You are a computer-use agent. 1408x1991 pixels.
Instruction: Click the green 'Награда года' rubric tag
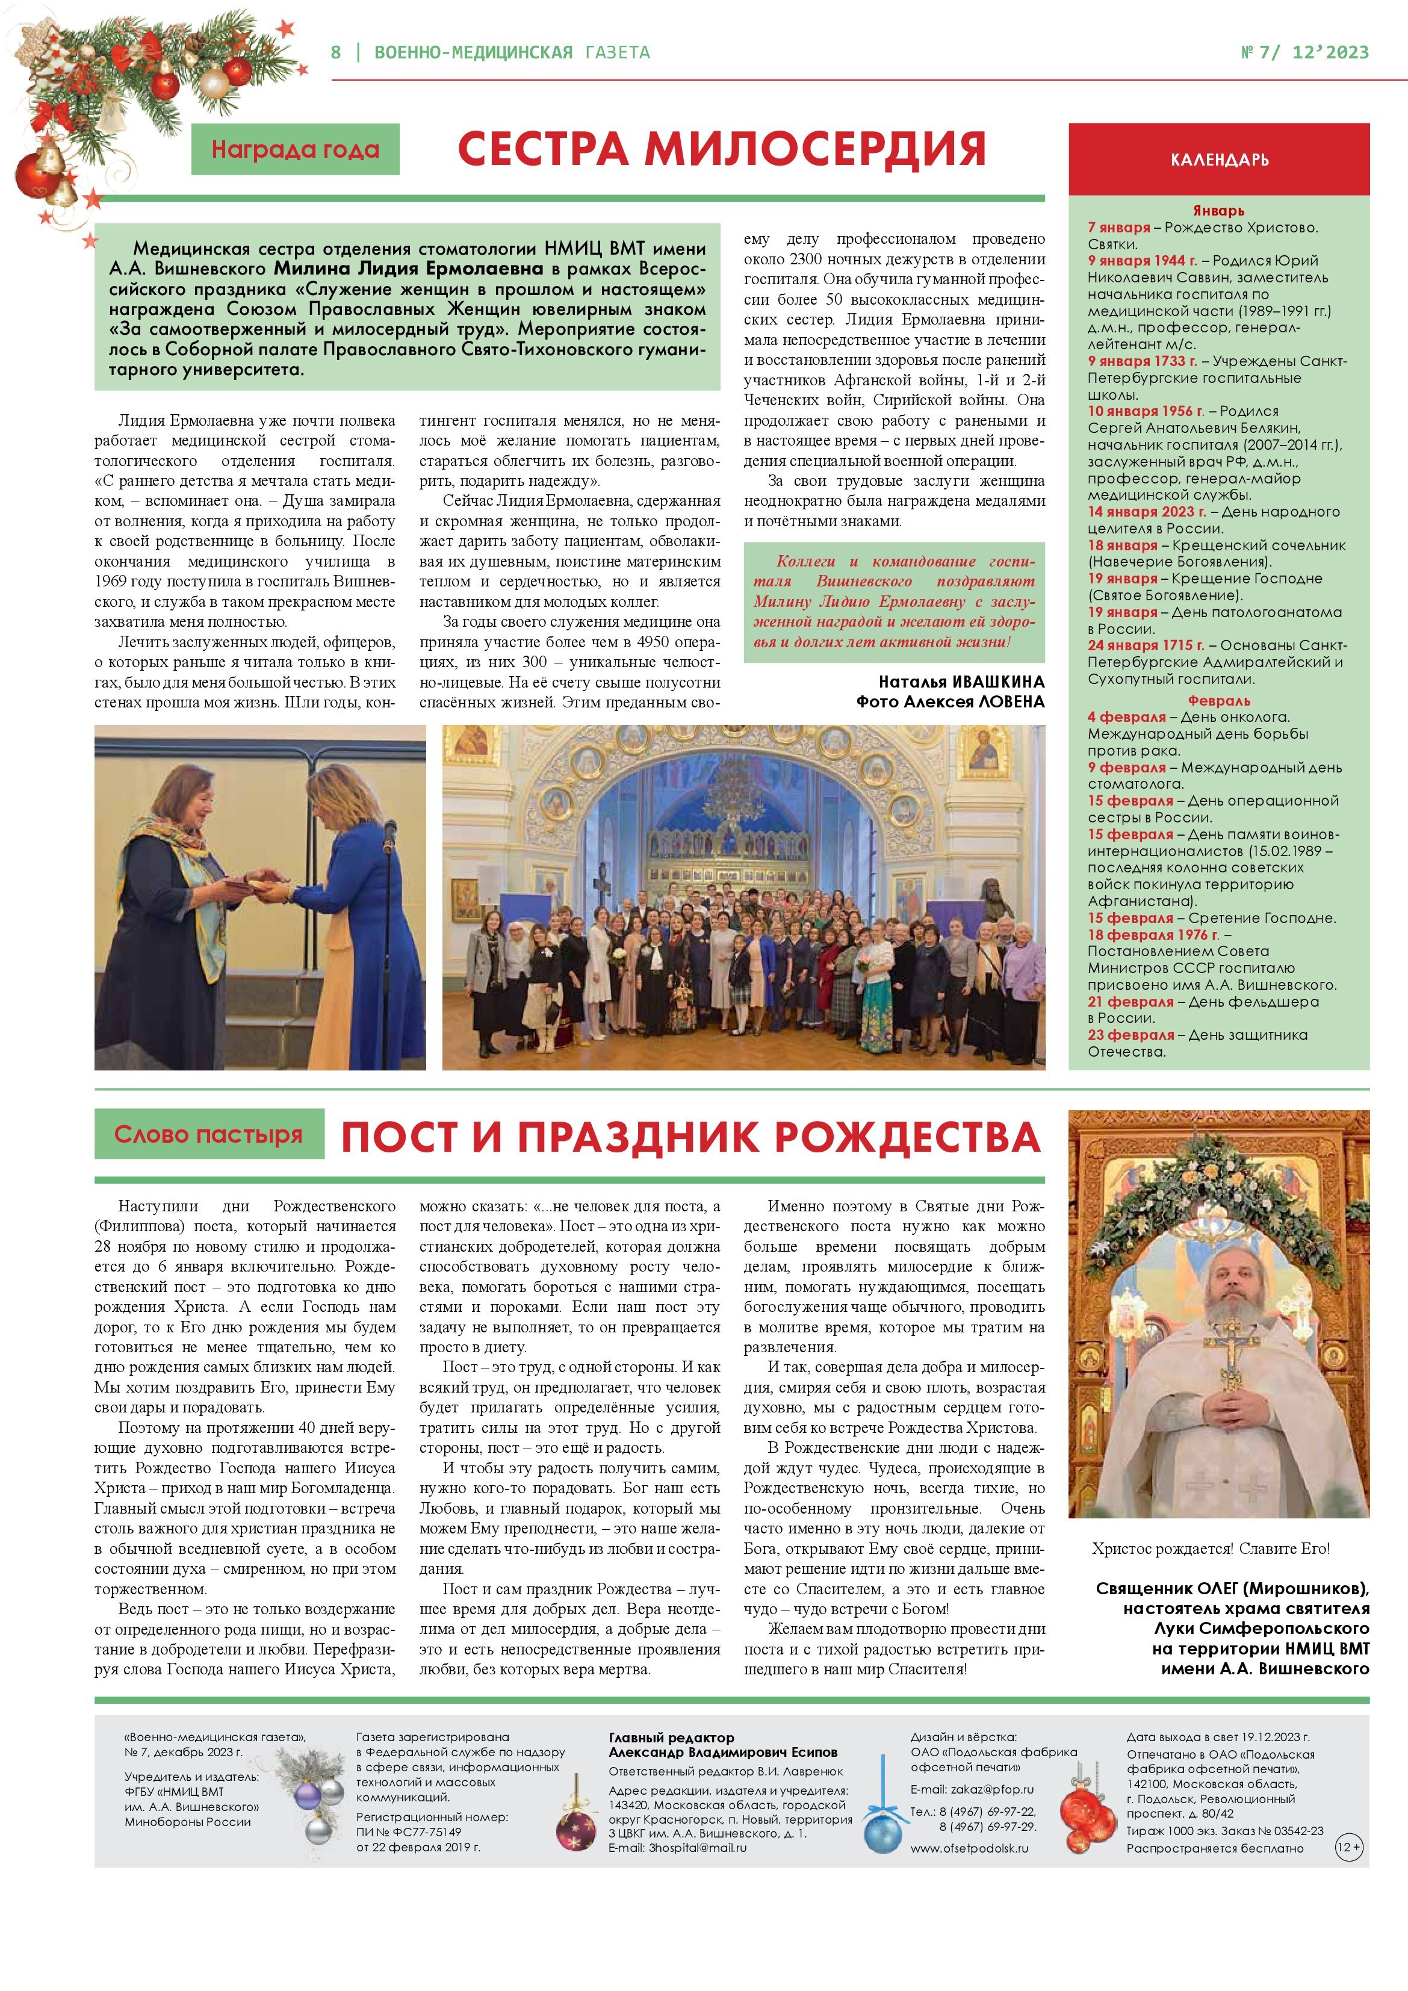click(x=295, y=150)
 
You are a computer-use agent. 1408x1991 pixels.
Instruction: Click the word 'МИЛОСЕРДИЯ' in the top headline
click(x=815, y=149)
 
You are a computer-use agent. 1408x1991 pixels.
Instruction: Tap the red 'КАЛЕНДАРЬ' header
click(x=1219, y=160)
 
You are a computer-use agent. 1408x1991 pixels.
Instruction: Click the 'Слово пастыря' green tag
click(x=208, y=1134)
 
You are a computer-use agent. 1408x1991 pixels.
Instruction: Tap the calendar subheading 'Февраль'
click(x=1219, y=700)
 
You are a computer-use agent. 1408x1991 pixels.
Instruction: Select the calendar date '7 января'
click(x=1119, y=227)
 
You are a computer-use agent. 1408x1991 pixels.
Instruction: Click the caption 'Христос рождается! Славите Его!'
click(x=1211, y=1548)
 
